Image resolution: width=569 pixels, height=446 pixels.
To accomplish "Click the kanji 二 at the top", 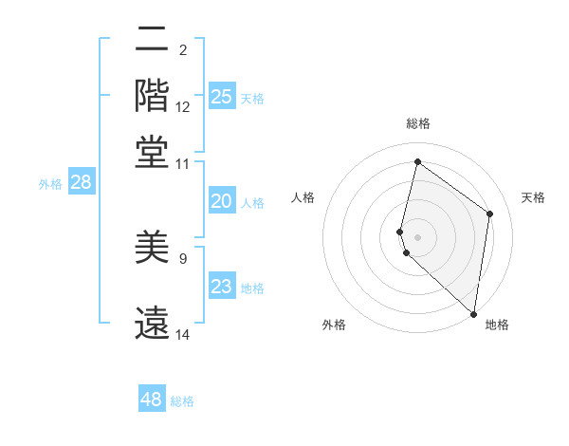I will pos(152,41).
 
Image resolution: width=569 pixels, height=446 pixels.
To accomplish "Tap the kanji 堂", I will pos(152,152).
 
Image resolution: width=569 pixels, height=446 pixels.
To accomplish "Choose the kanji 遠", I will pos(152,323).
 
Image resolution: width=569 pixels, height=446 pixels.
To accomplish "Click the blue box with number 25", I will pos(222,97).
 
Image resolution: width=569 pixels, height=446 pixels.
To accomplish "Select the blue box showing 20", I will pos(222,201).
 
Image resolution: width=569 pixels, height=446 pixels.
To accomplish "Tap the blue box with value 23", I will pos(222,287).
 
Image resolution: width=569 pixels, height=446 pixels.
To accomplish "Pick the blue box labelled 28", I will pos(82,183).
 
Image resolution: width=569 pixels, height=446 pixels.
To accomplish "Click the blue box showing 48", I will pos(152,400).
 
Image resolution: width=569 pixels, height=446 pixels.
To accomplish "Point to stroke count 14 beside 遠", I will pos(183,335).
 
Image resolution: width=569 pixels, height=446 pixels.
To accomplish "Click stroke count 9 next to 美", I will pos(183,258).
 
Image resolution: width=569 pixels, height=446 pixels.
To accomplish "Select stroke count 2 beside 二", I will pos(183,49).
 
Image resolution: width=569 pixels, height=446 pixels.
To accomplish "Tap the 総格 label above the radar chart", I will pos(418,123).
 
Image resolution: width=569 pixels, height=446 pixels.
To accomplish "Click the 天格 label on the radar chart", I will pos(533,197).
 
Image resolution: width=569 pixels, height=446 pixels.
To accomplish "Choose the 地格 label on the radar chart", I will pos(497,325).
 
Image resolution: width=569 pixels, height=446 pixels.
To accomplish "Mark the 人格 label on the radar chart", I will pos(303,197).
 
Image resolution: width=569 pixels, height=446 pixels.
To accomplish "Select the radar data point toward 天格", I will pos(490,214).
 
